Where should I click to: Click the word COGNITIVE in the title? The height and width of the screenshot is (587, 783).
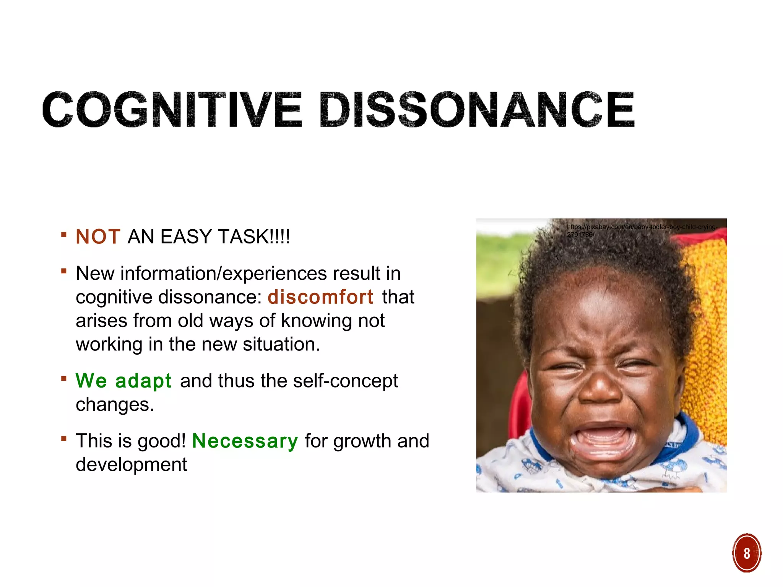172,109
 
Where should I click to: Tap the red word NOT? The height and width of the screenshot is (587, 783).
98,237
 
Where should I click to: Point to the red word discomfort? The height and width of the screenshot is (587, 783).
320,297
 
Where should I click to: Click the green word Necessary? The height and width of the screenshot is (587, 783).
245,441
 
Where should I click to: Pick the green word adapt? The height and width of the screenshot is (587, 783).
143,381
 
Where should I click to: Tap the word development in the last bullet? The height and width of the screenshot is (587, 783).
131,465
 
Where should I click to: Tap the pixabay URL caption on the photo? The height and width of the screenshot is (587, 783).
641,230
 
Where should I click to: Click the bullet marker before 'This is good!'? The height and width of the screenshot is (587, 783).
64,438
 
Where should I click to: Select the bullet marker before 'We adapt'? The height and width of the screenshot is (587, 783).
64,378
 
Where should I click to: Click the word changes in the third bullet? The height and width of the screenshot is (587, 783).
115,405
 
